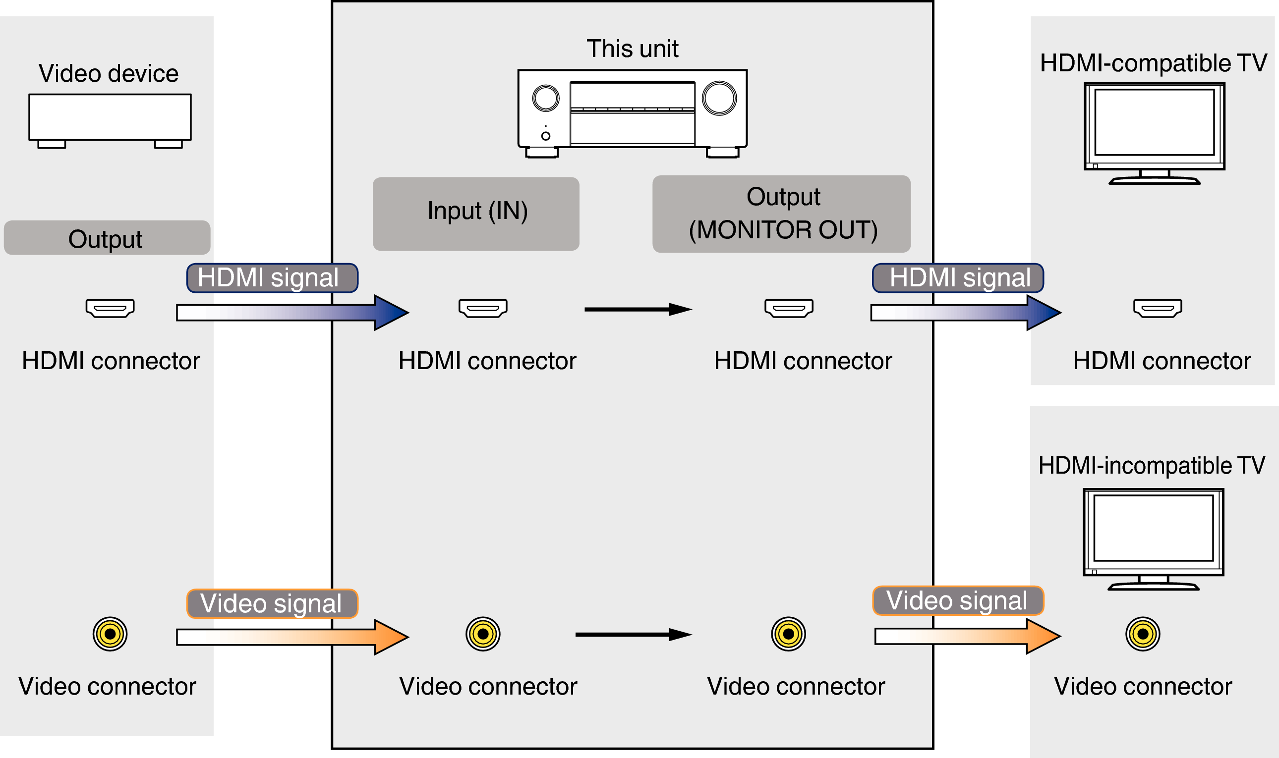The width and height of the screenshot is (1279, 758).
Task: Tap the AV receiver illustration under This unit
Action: click(632, 112)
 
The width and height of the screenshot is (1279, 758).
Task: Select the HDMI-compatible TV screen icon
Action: click(1154, 128)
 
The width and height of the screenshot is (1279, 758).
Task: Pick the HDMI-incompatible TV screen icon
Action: click(1153, 533)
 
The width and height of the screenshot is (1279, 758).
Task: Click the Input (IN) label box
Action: click(476, 214)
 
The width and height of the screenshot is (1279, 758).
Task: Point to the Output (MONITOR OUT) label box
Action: click(781, 214)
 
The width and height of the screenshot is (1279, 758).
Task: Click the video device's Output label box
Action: click(107, 237)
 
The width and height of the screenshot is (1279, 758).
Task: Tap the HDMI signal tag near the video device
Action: click(272, 278)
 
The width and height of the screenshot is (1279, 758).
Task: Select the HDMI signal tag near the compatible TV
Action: click(957, 278)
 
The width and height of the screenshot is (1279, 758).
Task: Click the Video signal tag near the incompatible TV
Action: click(957, 600)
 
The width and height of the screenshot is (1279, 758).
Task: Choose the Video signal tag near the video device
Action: click(272, 603)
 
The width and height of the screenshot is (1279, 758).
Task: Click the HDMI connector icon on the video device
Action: click(110, 308)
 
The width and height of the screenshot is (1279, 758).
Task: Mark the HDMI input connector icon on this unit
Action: click(482, 308)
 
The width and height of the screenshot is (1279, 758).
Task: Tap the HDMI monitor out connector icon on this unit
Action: click(788, 308)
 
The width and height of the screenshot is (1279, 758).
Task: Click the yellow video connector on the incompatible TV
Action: click(1143, 634)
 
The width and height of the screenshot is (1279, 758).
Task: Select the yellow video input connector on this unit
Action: click(482, 634)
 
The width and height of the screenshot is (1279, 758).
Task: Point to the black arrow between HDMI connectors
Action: click(637, 309)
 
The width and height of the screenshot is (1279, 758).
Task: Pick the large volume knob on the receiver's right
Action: click(719, 98)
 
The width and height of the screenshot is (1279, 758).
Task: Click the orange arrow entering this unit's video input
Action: click(292, 637)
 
